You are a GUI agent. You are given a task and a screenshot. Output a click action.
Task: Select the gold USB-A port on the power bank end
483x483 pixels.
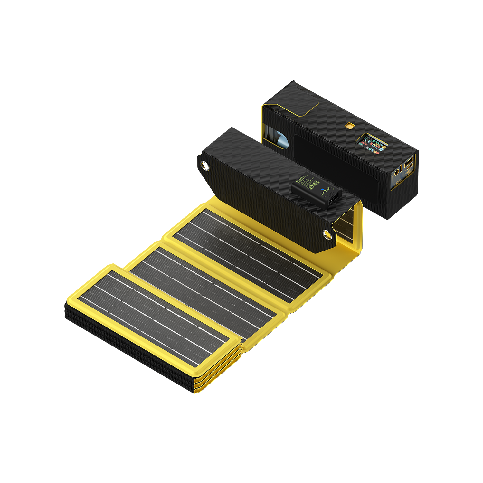pyautogui.click(x=410, y=165)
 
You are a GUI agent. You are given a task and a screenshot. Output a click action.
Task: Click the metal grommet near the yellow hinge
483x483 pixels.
pyautogui.click(x=327, y=234)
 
